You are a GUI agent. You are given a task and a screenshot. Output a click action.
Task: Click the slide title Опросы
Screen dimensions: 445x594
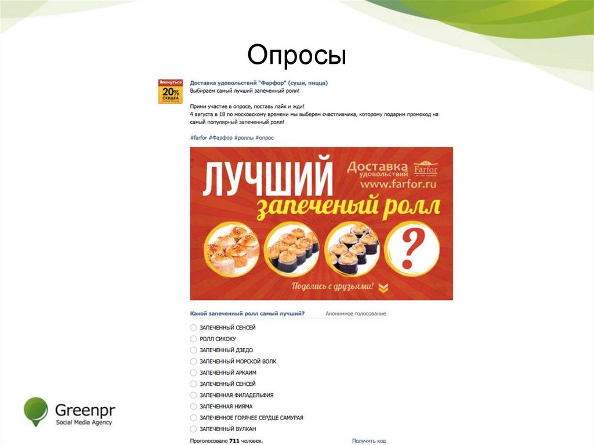pos(296,56)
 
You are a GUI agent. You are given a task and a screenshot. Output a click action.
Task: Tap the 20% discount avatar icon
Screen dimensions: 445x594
pos(171,92)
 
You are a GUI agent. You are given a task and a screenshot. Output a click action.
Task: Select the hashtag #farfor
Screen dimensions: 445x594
pos(198,138)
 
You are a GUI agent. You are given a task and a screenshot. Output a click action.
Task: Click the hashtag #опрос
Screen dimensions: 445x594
pos(265,138)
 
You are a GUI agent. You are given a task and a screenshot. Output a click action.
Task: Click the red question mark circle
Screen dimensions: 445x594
pos(410,248)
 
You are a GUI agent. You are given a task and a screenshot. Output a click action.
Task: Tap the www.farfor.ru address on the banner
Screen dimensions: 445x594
pos(397,184)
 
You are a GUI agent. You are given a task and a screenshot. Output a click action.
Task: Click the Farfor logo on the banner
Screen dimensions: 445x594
pos(426,169)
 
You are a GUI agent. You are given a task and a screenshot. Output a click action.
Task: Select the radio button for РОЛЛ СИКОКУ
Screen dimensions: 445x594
pos(193,339)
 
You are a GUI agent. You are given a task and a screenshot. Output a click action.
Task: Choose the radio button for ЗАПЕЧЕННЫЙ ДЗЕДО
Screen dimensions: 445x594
pos(193,350)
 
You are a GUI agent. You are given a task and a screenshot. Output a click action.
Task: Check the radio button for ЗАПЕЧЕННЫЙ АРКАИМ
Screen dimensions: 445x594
pos(193,372)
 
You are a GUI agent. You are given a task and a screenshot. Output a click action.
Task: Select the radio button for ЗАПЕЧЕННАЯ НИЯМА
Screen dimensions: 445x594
pos(193,406)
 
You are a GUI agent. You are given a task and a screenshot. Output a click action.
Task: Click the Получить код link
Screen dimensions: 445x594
pos(368,441)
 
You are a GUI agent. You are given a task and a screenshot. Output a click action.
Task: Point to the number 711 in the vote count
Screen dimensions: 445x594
pos(234,441)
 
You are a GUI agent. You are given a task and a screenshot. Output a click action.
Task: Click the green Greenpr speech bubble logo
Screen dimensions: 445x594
pos(35,411)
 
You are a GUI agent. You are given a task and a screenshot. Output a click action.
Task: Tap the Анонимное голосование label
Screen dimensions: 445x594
pos(355,314)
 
